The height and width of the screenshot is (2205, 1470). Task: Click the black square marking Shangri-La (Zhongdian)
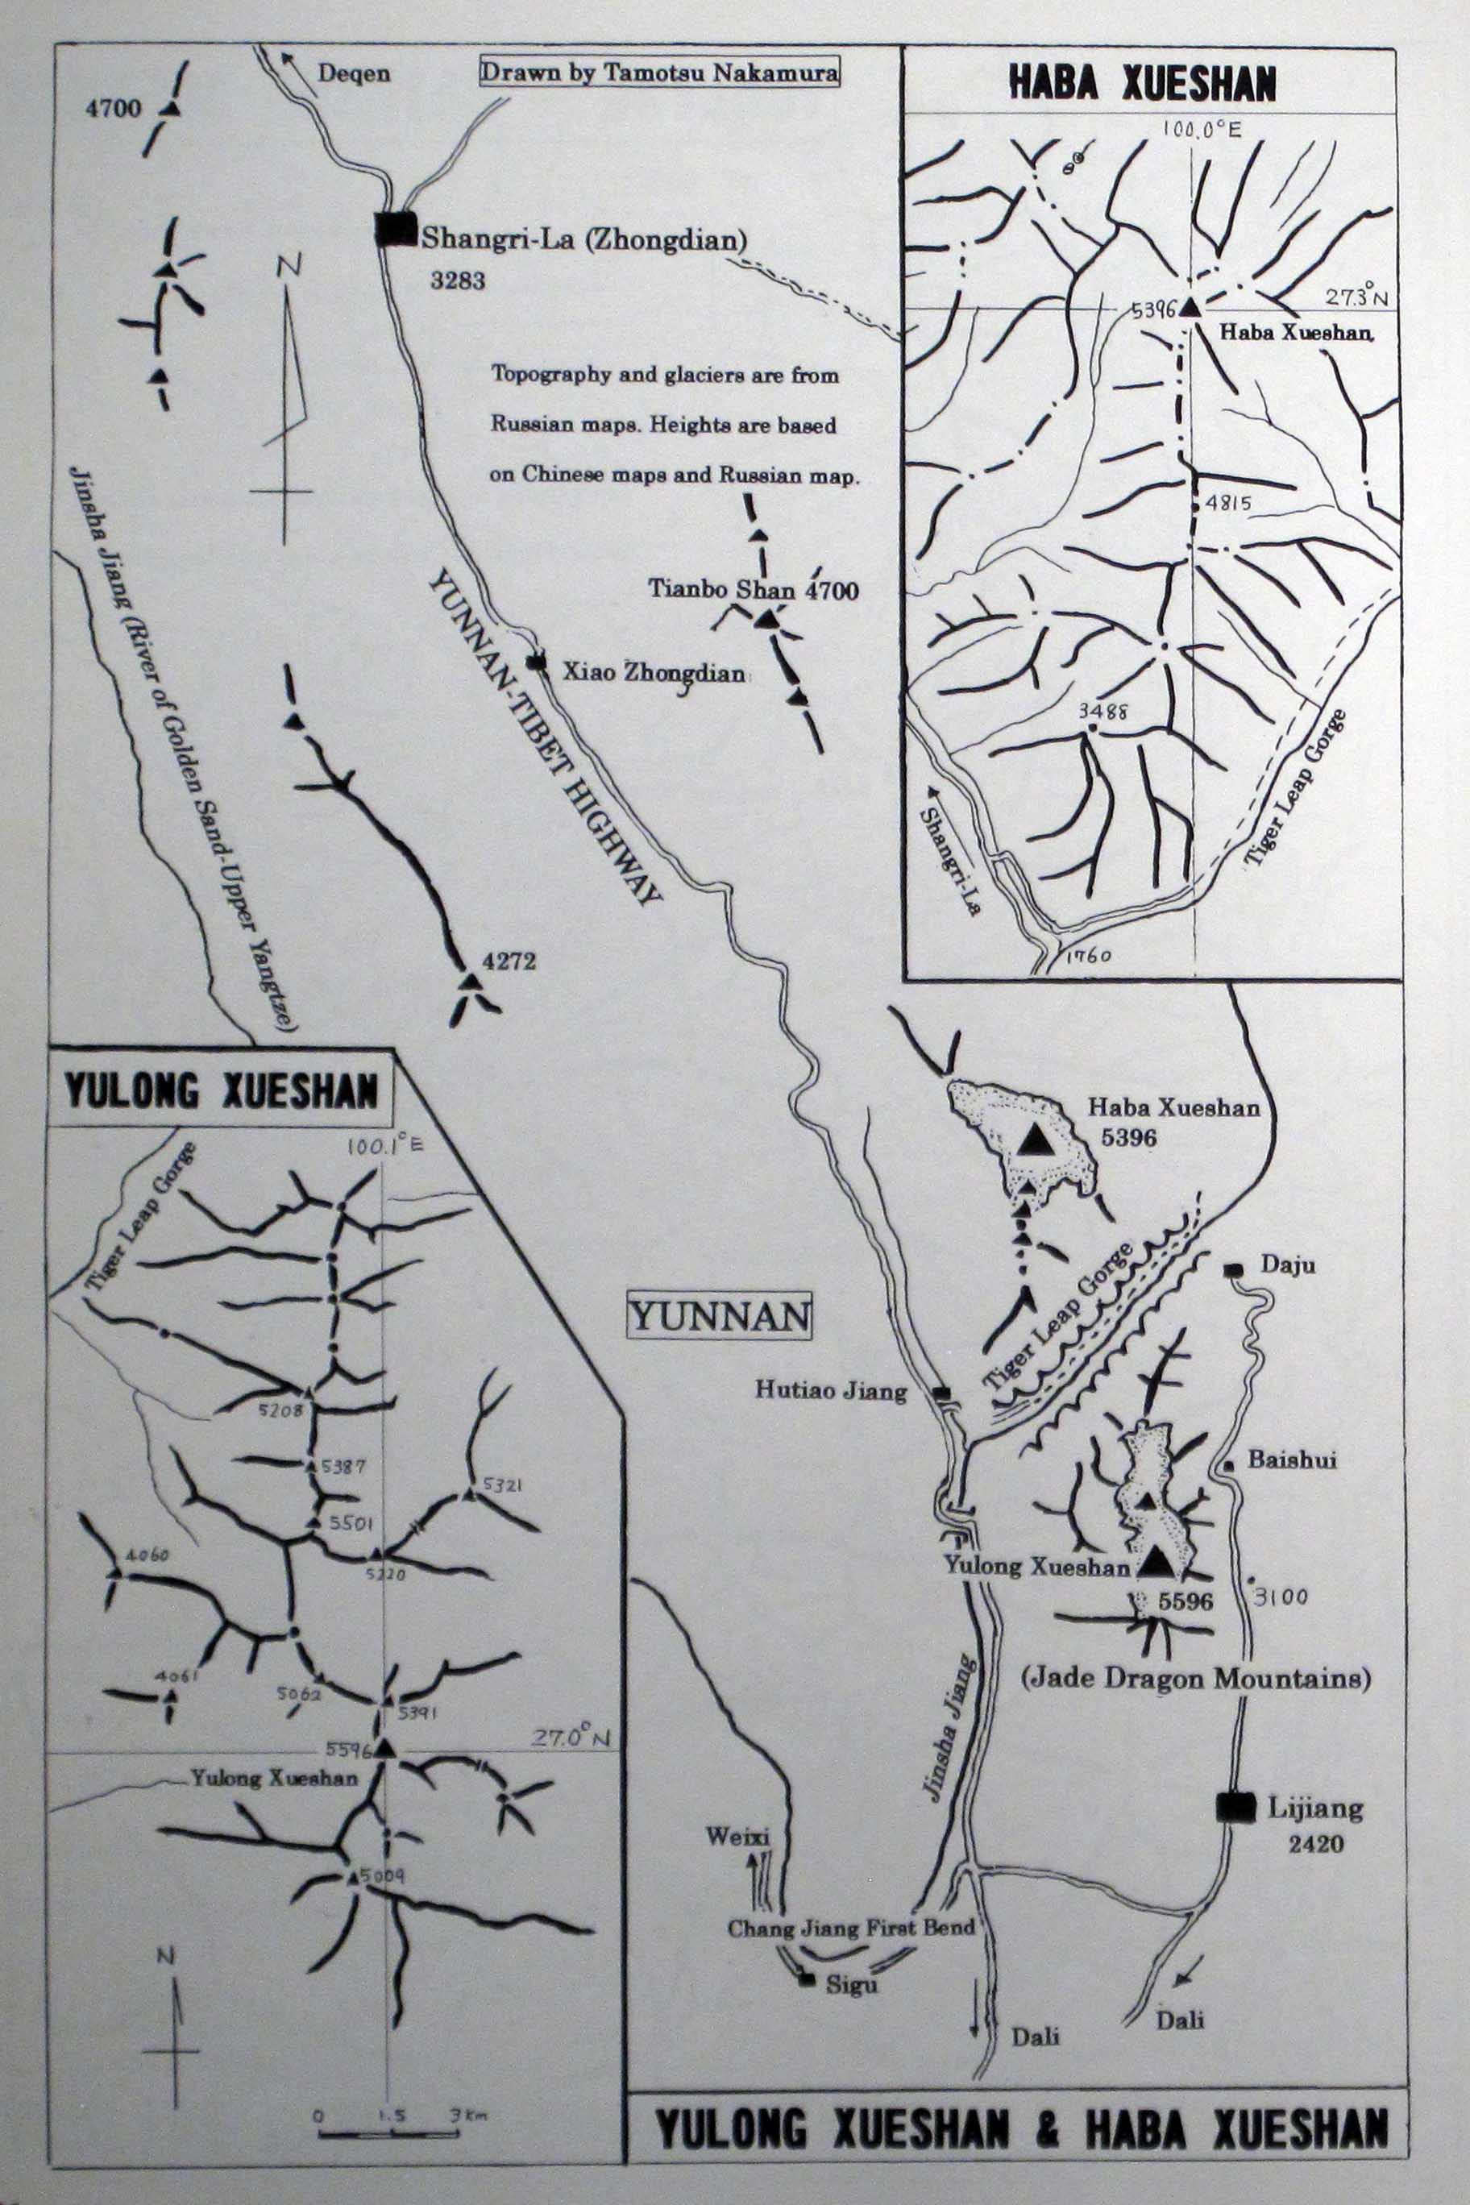395,229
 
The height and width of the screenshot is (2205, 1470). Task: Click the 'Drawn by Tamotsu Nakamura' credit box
659,73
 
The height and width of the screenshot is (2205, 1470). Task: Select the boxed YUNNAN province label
719,1317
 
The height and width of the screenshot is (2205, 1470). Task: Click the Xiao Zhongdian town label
653,671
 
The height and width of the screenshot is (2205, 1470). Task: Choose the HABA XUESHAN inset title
1142,84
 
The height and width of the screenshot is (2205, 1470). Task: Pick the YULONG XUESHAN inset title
222,1092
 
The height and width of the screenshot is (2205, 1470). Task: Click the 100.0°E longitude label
1202,130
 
